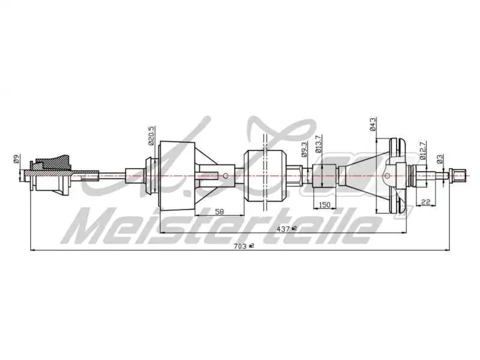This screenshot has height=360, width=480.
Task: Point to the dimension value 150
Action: [x=325, y=205]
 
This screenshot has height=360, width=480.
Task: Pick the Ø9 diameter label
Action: [x=17, y=159]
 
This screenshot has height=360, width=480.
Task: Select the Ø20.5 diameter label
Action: [x=151, y=137]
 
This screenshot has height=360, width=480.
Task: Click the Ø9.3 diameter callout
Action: [x=305, y=149]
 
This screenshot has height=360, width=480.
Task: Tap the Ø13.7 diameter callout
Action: [x=319, y=145]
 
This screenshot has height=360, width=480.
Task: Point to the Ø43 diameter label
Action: [x=373, y=124]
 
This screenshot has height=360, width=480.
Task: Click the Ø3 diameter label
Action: [x=440, y=158]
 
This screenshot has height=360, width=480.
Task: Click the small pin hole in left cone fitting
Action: [x=225, y=176]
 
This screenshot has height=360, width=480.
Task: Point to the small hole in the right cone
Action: [x=387, y=176]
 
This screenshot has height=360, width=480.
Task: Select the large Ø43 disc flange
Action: [x=396, y=175]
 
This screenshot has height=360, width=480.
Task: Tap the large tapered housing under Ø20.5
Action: [x=178, y=175]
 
